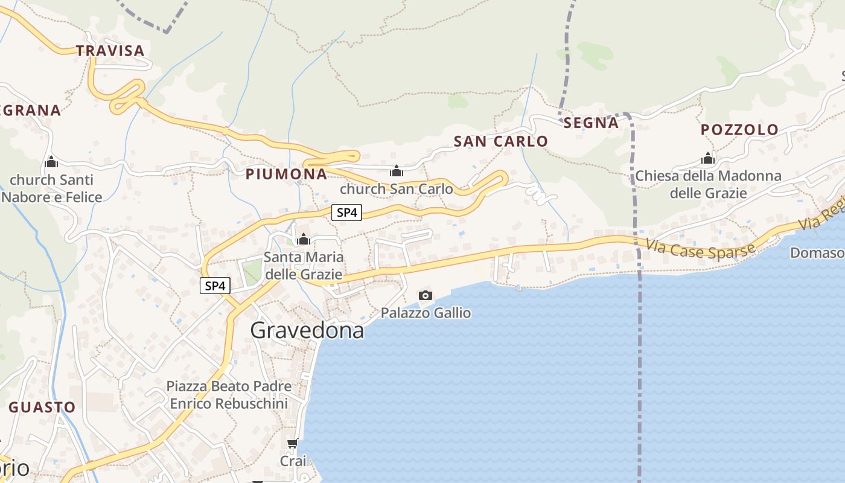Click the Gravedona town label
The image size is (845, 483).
coord(307,331)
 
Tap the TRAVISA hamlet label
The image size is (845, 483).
coord(110,51)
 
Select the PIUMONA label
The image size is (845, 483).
coord(286,174)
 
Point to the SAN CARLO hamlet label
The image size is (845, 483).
coord(500,141)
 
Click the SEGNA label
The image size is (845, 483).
coord(591,123)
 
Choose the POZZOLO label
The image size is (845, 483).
coord(739,130)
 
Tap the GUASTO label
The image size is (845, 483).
coord(42,407)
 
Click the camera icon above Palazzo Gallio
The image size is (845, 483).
coord(426,295)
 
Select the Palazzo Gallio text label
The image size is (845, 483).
coord(426,313)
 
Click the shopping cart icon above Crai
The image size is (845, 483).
coord(293,444)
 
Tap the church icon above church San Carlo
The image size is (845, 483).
coord(397,171)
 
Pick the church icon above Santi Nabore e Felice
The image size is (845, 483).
coord(51,162)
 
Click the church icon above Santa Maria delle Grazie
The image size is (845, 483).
coord(304,240)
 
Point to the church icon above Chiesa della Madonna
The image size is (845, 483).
coord(708,159)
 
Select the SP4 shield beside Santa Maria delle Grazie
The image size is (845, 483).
coord(215,286)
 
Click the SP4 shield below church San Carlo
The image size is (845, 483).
coord(346,213)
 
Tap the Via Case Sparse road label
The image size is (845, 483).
coord(700,248)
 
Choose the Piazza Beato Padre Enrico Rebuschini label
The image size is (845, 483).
coord(229,395)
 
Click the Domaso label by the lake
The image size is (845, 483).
coord(817,253)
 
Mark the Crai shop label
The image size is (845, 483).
coord(293,461)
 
